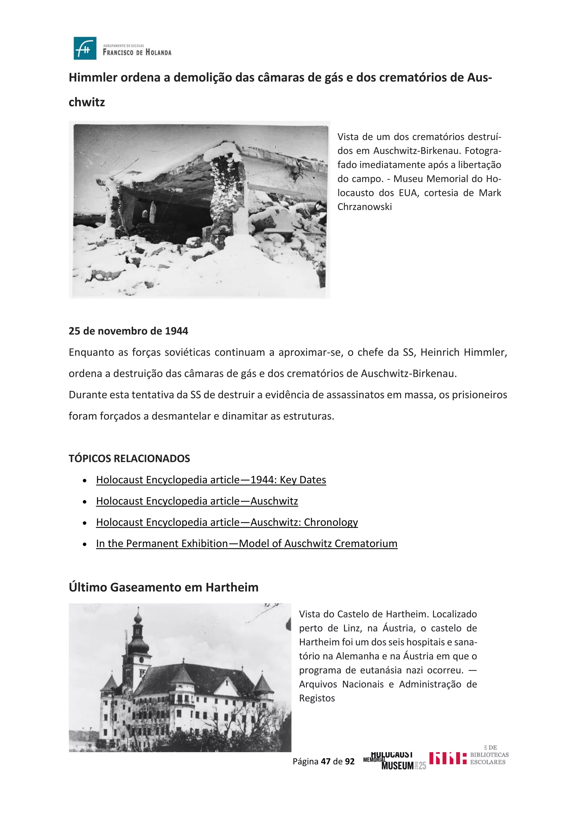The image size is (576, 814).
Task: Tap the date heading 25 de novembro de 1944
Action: (x=129, y=331)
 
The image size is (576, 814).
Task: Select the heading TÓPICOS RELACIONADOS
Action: (x=129, y=458)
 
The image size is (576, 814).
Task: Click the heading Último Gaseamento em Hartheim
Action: (x=163, y=587)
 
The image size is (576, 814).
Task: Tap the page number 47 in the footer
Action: (x=326, y=761)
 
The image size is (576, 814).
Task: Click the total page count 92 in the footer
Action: (x=350, y=761)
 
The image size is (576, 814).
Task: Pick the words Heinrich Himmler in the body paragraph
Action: (x=463, y=352)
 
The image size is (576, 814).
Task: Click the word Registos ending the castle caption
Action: (x=317, y=698)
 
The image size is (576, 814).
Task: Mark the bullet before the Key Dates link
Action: (x=84, y=481)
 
